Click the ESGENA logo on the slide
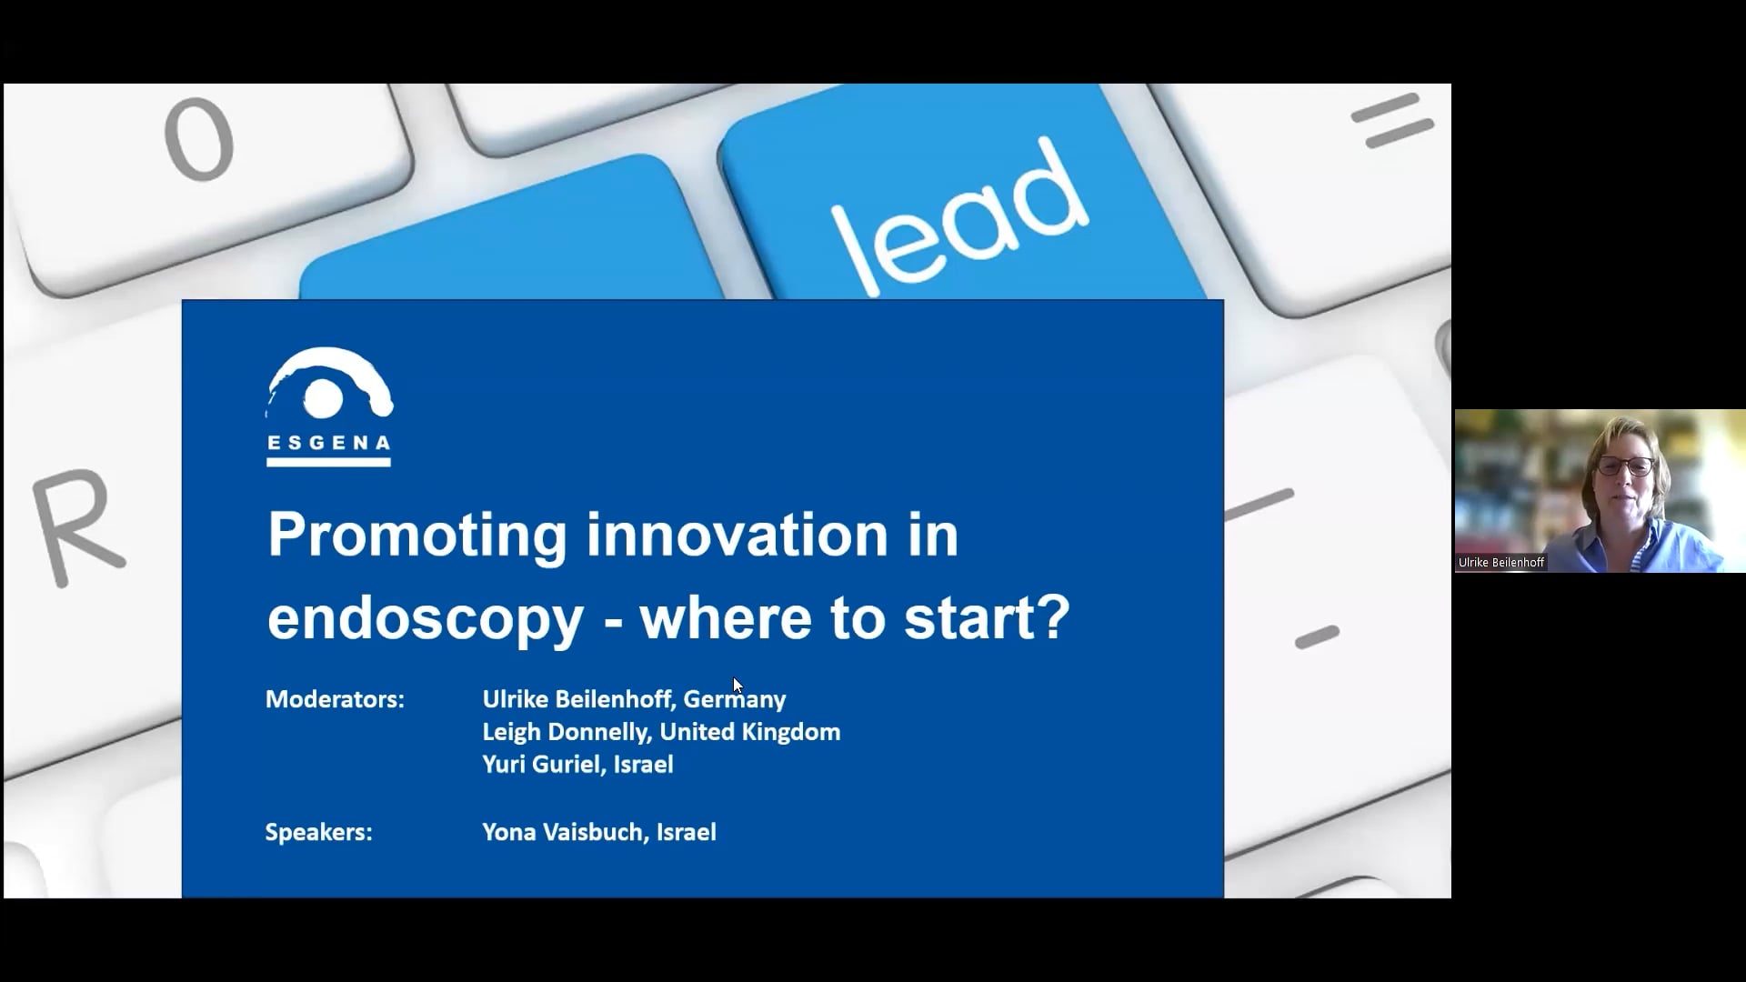pos(329,406)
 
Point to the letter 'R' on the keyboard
pos(76,526)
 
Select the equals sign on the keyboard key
pos(1391,120)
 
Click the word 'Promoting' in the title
pos(417,536)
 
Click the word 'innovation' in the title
pos(737,535)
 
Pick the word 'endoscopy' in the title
pos(426,619)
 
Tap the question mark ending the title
pos(1053,616)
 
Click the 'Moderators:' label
pos(335,699)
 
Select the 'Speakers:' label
pos(318,832)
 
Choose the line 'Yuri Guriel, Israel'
pos(577,765)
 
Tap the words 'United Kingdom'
pos(750,732)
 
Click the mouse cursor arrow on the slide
pos(737,685)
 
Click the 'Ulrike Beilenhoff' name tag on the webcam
pos(1501,563)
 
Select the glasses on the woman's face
pos(1626,466)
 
